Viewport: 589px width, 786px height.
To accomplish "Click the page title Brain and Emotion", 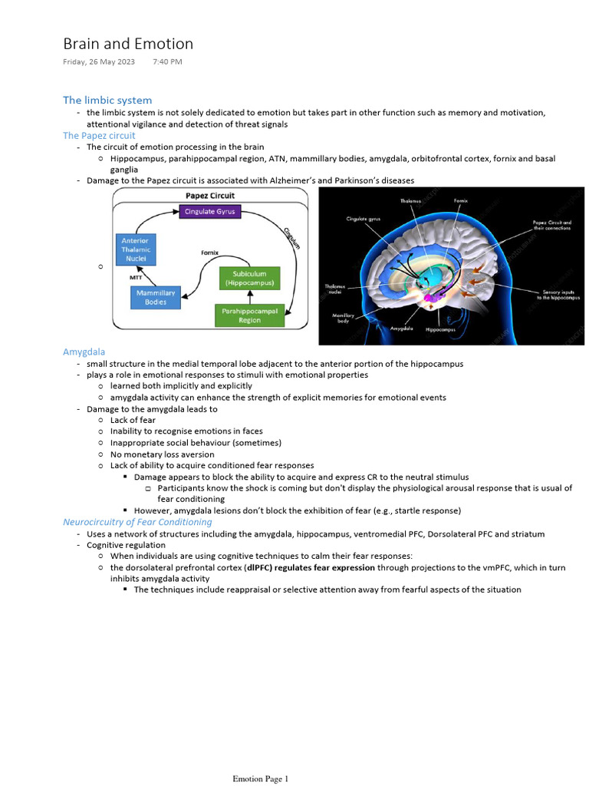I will pos(128,44).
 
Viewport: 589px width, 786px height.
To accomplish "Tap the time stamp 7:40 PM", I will pos(167,61).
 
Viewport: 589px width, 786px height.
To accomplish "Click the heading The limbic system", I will pos(107,100).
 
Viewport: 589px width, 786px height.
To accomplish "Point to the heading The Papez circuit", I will pos(99,135).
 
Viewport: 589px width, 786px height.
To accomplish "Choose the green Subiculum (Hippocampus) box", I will pos(249,278).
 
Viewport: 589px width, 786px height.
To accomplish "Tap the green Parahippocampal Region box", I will pos(249,315).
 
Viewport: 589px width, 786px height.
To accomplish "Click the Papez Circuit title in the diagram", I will pos(210,196).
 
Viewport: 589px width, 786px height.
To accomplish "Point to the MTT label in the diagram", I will pos(136,277).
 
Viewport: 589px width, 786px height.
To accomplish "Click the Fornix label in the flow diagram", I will pos(210,251).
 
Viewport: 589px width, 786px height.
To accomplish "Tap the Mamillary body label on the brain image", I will pos(343,317).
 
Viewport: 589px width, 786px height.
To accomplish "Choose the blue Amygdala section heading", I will pos(84,352).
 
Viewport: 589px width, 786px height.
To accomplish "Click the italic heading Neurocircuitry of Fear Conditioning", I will pos(137,522).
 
